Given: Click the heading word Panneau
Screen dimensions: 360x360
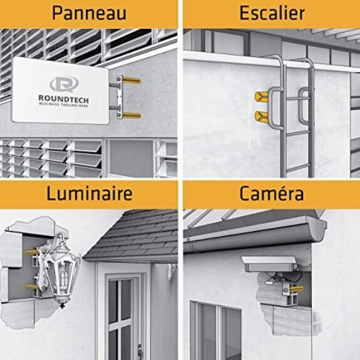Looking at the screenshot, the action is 89,13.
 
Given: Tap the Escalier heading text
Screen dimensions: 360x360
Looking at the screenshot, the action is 272,13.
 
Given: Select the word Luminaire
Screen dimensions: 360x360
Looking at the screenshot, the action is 90,193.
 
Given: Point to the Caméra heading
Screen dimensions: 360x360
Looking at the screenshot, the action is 272,193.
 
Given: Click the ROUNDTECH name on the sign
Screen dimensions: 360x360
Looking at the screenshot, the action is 63,99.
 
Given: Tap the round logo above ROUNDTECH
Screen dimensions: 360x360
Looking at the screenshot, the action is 64,84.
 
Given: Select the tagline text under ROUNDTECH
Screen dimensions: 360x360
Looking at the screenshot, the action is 63,105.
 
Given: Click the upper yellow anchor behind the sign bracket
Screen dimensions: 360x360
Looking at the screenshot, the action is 131,80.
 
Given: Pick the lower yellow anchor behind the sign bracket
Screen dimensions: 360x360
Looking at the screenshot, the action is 131,115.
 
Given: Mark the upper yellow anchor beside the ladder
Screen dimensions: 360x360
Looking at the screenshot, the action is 262,96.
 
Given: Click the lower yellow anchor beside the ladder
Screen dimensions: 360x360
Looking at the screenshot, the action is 262,116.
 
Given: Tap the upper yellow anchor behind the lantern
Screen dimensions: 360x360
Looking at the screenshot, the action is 31,252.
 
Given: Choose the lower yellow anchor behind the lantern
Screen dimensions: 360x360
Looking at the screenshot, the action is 31,286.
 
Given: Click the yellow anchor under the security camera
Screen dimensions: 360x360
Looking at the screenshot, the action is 297,289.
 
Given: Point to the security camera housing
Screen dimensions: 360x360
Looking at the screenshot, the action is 269,264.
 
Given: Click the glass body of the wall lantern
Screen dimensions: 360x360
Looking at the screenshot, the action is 62,275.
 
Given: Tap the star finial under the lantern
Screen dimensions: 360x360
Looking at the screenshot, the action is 62,306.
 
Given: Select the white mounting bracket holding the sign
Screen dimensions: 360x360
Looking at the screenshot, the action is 120,97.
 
